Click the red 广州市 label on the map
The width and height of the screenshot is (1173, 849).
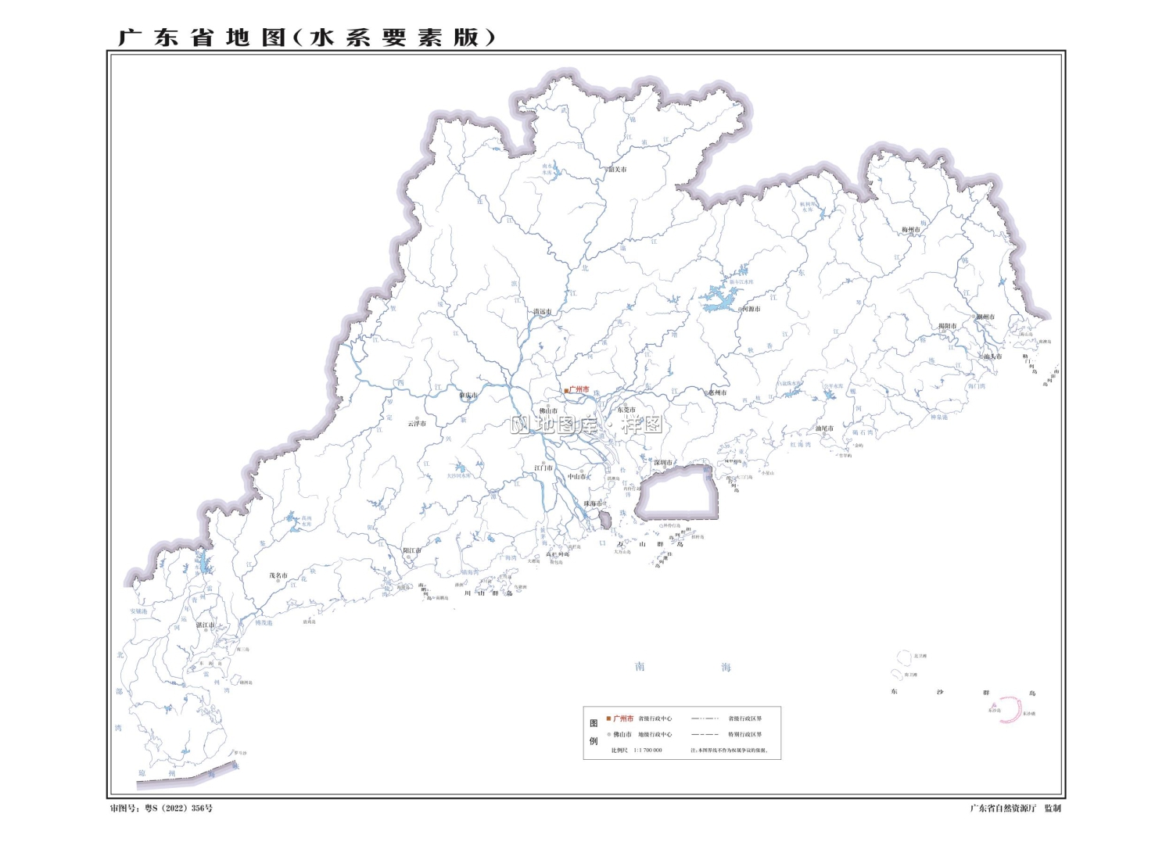[x=579, y=389]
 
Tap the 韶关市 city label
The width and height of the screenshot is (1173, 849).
[x=618, y=169]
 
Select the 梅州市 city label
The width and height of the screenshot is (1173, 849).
[x=912, y=230]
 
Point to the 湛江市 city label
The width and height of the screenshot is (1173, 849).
[x=206, y=625]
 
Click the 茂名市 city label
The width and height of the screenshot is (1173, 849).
[x=278, y=575]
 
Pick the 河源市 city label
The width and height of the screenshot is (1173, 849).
[x=751, y=309]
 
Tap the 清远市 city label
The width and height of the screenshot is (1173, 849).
[x=542, y=312]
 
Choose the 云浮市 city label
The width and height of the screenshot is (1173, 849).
[x=417, y=424]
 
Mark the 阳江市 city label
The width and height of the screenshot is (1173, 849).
[x=411, y=550]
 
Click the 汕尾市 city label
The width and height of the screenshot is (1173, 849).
[x=824, y=428]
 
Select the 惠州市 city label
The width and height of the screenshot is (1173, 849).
[x=717, y=392]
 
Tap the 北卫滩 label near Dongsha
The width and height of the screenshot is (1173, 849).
[x=920, y=656]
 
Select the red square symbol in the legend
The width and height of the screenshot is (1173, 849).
[x=608, y=718]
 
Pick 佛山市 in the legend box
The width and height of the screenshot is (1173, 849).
[x=622, y=735]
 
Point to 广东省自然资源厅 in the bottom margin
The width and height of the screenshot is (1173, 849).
[x=1003, y=808]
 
